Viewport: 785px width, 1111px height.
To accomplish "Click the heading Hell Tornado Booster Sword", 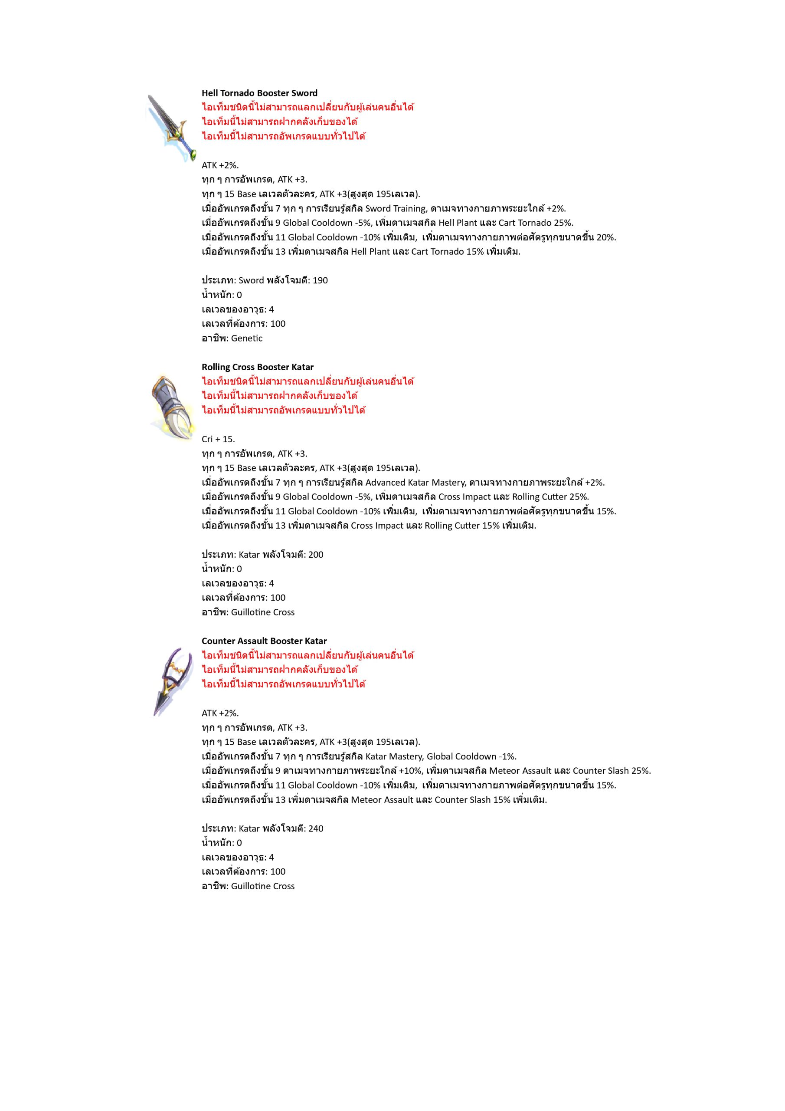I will tap(259, 93).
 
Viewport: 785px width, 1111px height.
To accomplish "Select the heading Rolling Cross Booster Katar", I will tap(257, 367).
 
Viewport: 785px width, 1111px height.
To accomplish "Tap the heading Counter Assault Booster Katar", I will tap(264, 641).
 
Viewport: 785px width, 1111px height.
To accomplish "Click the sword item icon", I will tap(170, 127).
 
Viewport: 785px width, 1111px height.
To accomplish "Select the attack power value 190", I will tap(320, 280).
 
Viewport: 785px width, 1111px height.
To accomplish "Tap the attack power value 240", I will tap(316, 828).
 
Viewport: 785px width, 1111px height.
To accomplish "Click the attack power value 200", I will tap(316, 554).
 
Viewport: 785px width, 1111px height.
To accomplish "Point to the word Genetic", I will tap(247, 338).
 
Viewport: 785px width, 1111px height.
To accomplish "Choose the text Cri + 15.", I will tap(218, 439).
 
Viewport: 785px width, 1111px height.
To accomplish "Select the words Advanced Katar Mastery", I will tap(415, 483).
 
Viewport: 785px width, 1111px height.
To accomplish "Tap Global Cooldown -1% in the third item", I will tap(471, 756).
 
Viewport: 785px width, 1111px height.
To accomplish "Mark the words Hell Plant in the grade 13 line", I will tap(370, 252).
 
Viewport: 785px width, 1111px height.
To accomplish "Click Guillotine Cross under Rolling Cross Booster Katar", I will tap(263, 612).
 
